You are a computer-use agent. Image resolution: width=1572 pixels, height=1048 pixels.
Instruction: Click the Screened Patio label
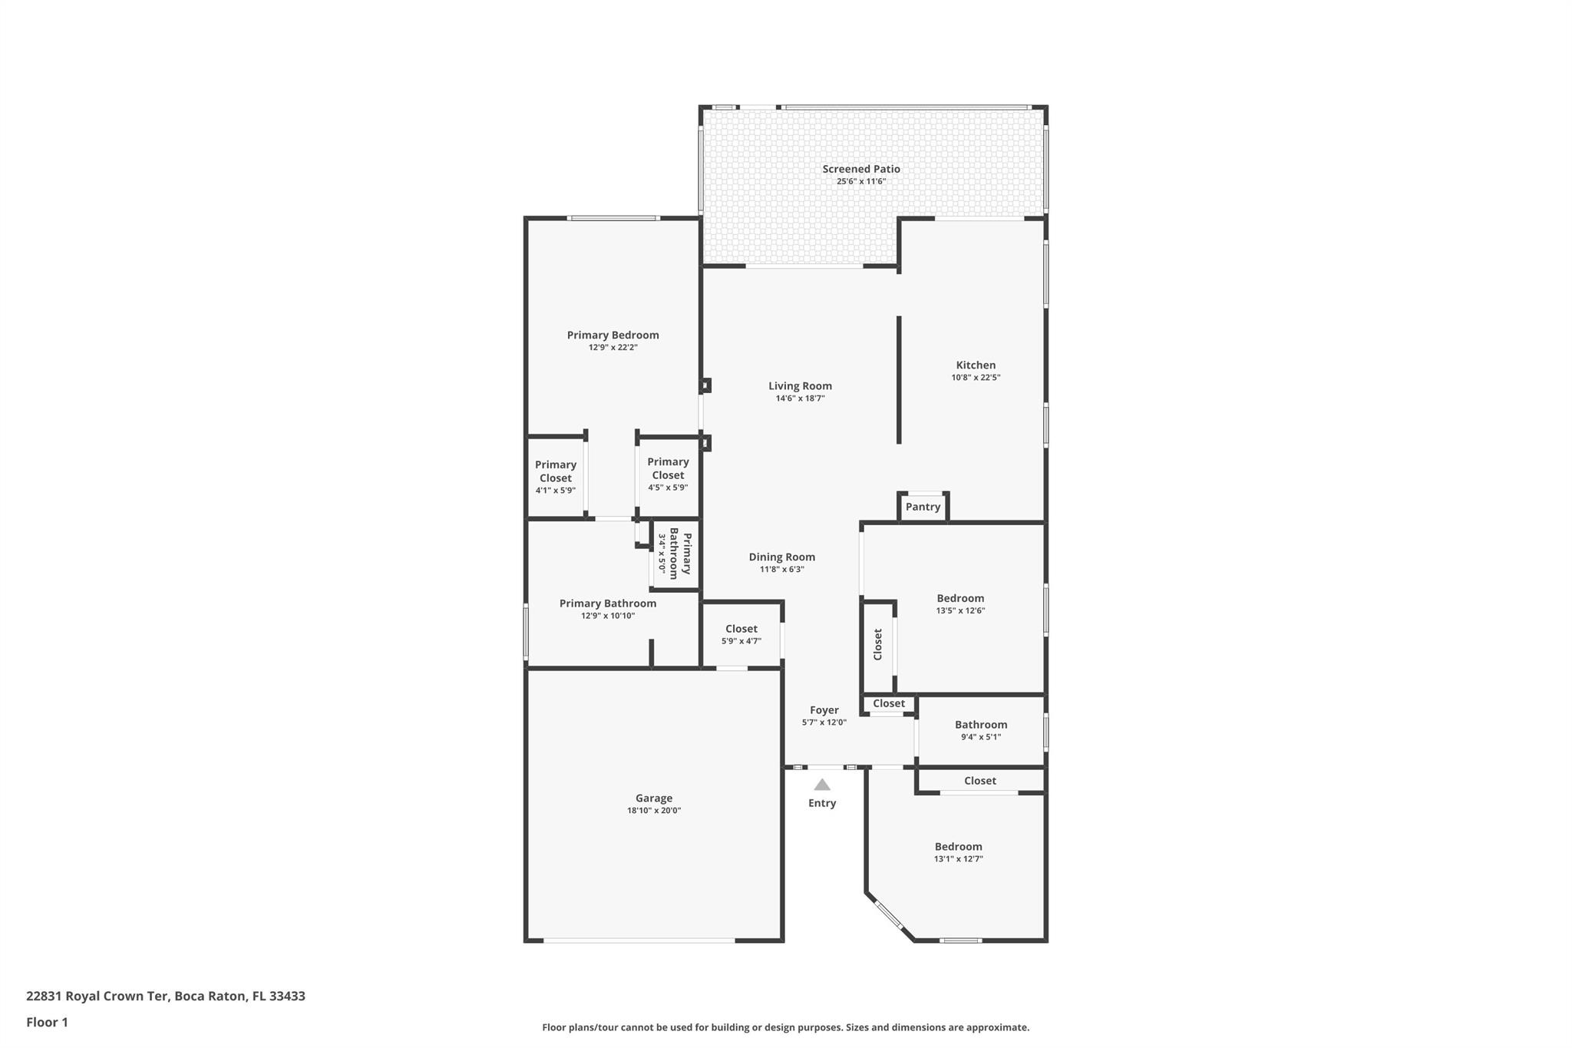click(861, 169)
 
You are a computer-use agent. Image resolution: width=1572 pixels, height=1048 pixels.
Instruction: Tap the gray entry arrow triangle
click(822, 785)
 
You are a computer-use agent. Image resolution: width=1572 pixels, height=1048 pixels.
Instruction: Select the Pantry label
click(923, 507)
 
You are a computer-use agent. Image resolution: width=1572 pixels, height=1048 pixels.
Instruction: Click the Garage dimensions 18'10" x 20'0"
click(654, 811)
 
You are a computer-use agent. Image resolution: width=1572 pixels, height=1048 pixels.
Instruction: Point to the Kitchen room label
click(976, 365)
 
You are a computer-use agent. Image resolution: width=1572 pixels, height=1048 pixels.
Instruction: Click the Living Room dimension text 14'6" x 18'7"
click(800, 398)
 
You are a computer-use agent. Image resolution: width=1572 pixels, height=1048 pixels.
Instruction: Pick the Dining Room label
click(782, 557)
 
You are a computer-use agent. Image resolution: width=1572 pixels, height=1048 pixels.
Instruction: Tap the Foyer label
click(824, 710)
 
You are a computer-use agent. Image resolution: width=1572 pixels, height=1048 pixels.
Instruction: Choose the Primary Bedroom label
click(613, 335)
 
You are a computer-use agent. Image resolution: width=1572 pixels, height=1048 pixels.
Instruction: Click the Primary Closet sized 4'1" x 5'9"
click(556, 477)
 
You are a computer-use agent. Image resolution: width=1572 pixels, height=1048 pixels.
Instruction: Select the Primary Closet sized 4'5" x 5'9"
click(668, 474)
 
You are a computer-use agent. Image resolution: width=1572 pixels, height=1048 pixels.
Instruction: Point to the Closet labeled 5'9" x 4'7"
click(741, 634)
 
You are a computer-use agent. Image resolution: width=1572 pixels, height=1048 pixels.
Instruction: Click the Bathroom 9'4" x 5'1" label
click(981, 730)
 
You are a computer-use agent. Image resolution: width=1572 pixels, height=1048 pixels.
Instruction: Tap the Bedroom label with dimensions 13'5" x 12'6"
click(960, 604)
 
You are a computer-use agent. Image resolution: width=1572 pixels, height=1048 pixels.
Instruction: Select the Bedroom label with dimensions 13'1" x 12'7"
click(959, 852)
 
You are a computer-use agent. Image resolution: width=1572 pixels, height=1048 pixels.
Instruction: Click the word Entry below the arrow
click(822, 803)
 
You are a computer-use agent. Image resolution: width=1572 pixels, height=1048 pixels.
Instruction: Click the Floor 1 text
click(47, 1022)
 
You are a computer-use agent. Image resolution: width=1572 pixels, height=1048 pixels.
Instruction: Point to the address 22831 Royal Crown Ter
click(97, 996)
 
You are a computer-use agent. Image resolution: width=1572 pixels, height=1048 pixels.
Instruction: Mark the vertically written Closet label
click(878, 645)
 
